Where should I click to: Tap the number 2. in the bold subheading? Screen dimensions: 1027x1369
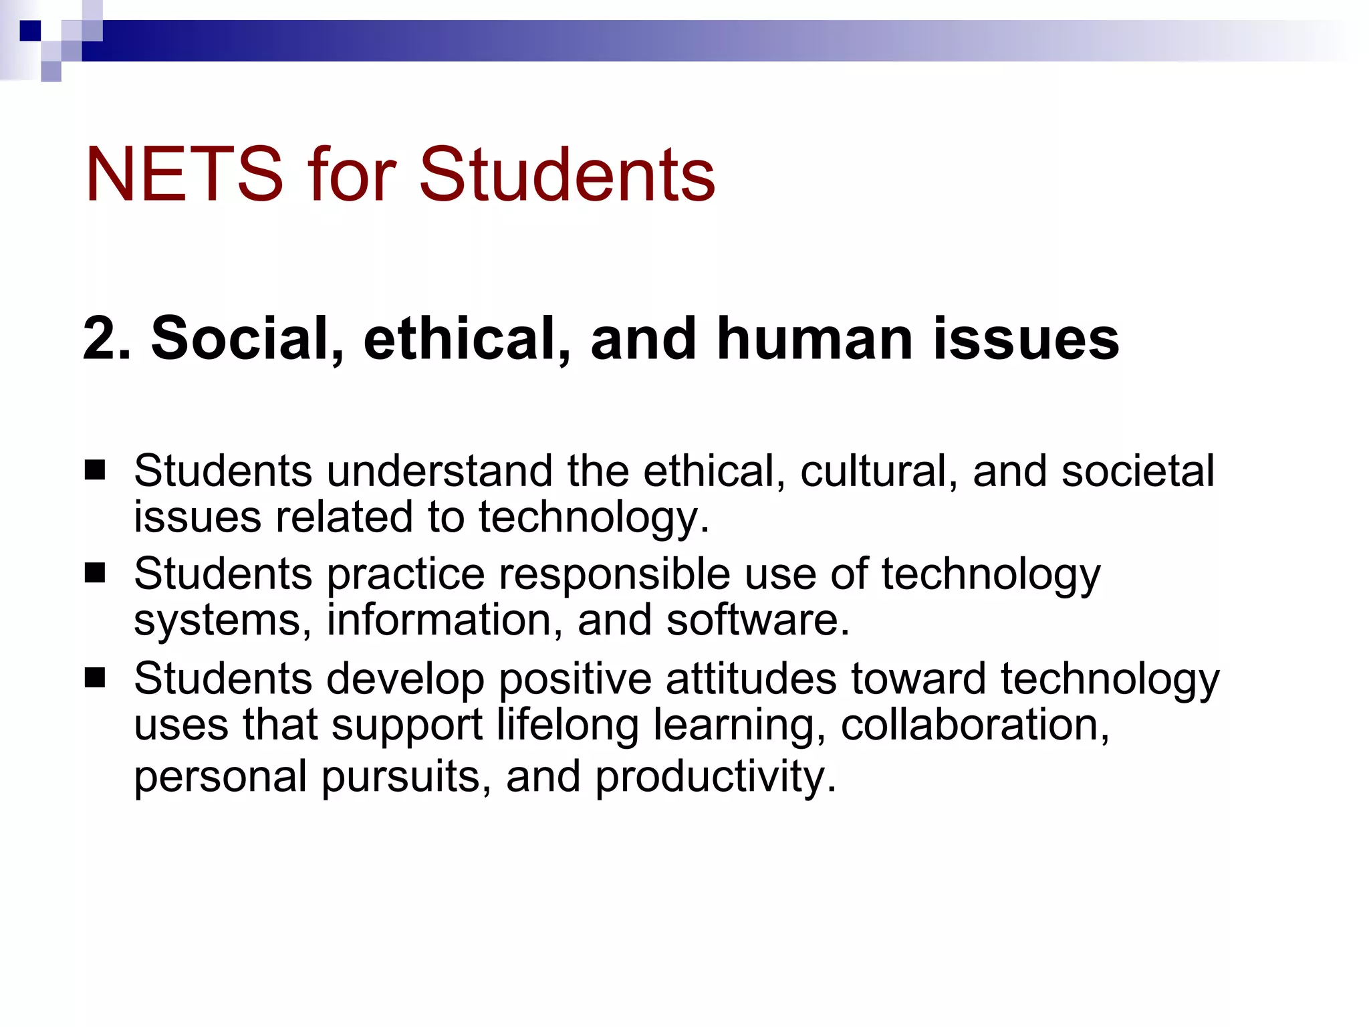tap(107, 338)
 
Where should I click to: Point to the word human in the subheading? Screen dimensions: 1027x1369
tap(815, 338)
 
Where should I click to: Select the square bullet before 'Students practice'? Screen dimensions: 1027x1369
tap(95, 573)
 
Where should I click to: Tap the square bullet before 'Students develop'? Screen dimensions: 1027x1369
tap(95, 678)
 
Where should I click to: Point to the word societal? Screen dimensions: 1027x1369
tap(1138, 471)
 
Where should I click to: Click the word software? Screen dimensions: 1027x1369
tap(757, 620)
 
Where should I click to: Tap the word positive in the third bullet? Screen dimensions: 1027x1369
tap(575, 679)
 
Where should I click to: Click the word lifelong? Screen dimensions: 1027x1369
tap(568, 725)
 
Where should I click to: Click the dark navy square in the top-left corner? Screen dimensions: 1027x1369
tap(30, 31)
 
